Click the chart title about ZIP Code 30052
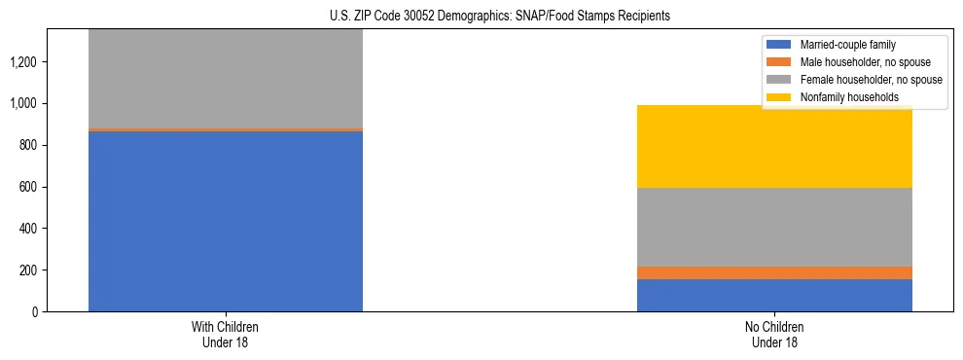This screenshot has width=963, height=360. [482, 17]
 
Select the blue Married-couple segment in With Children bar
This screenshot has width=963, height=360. [226, 221]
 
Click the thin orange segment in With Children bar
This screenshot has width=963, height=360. [226, 129]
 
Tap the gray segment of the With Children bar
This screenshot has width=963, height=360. [226, 78]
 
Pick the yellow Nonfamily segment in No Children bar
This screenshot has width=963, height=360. [774, 146]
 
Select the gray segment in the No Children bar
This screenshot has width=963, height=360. [774, 227]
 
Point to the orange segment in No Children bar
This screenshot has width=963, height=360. [774, 272]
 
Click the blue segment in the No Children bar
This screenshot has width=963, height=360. [774, 295]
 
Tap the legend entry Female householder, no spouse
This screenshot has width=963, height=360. [857, 80]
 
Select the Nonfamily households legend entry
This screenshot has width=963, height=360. [842, 97]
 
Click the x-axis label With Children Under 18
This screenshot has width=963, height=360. [226, 335]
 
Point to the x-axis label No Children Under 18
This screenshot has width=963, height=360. [774, 335]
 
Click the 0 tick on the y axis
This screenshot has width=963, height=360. [34, 312]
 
